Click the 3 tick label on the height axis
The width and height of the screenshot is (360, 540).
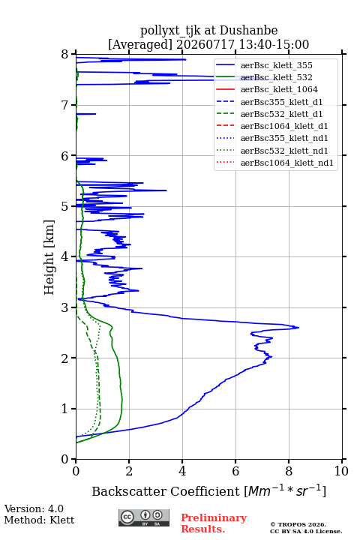65,307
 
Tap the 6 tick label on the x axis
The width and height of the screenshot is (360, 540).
235,471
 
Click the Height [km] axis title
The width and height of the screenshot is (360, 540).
49,257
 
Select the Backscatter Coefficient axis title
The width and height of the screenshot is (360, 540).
208,490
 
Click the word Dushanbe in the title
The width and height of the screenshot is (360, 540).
248,30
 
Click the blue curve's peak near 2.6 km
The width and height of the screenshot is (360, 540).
298,328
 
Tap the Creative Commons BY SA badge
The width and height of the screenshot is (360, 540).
144,518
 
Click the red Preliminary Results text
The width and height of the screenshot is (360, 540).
214,523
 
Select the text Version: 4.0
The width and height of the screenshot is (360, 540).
34,509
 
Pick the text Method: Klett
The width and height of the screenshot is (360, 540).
39,520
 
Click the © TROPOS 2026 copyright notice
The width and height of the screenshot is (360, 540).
298,524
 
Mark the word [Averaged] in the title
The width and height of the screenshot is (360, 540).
140,45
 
